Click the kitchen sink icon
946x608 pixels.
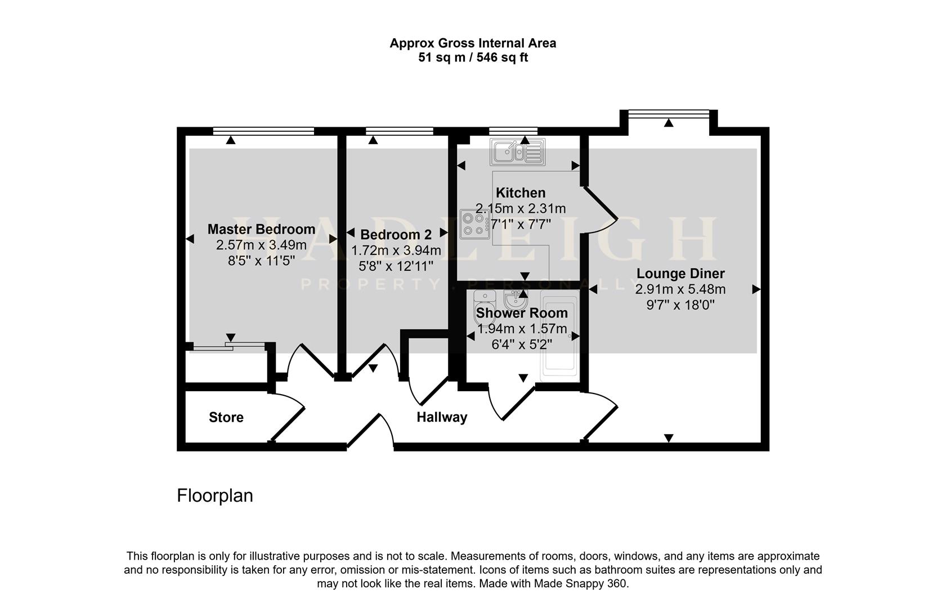pos(518,152)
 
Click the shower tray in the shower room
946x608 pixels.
pos(559,335)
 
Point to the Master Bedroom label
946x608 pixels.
pos(261,229)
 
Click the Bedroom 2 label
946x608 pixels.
pos(396,235)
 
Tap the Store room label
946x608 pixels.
pos(226,417)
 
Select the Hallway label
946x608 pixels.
pos(442,417)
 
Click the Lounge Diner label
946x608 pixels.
pos(680,274)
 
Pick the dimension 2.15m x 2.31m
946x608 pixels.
pos(521,208)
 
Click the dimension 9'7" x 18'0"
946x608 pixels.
pos(680,305)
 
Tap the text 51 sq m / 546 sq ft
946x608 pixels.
pos(473,57)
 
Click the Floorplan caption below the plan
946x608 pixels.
pos(215,495)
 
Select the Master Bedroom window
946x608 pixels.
pos(263,131)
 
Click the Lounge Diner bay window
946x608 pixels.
pos(668,114)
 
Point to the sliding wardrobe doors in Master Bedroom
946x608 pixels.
pos(228,345)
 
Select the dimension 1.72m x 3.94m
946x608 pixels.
pos(396,251)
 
